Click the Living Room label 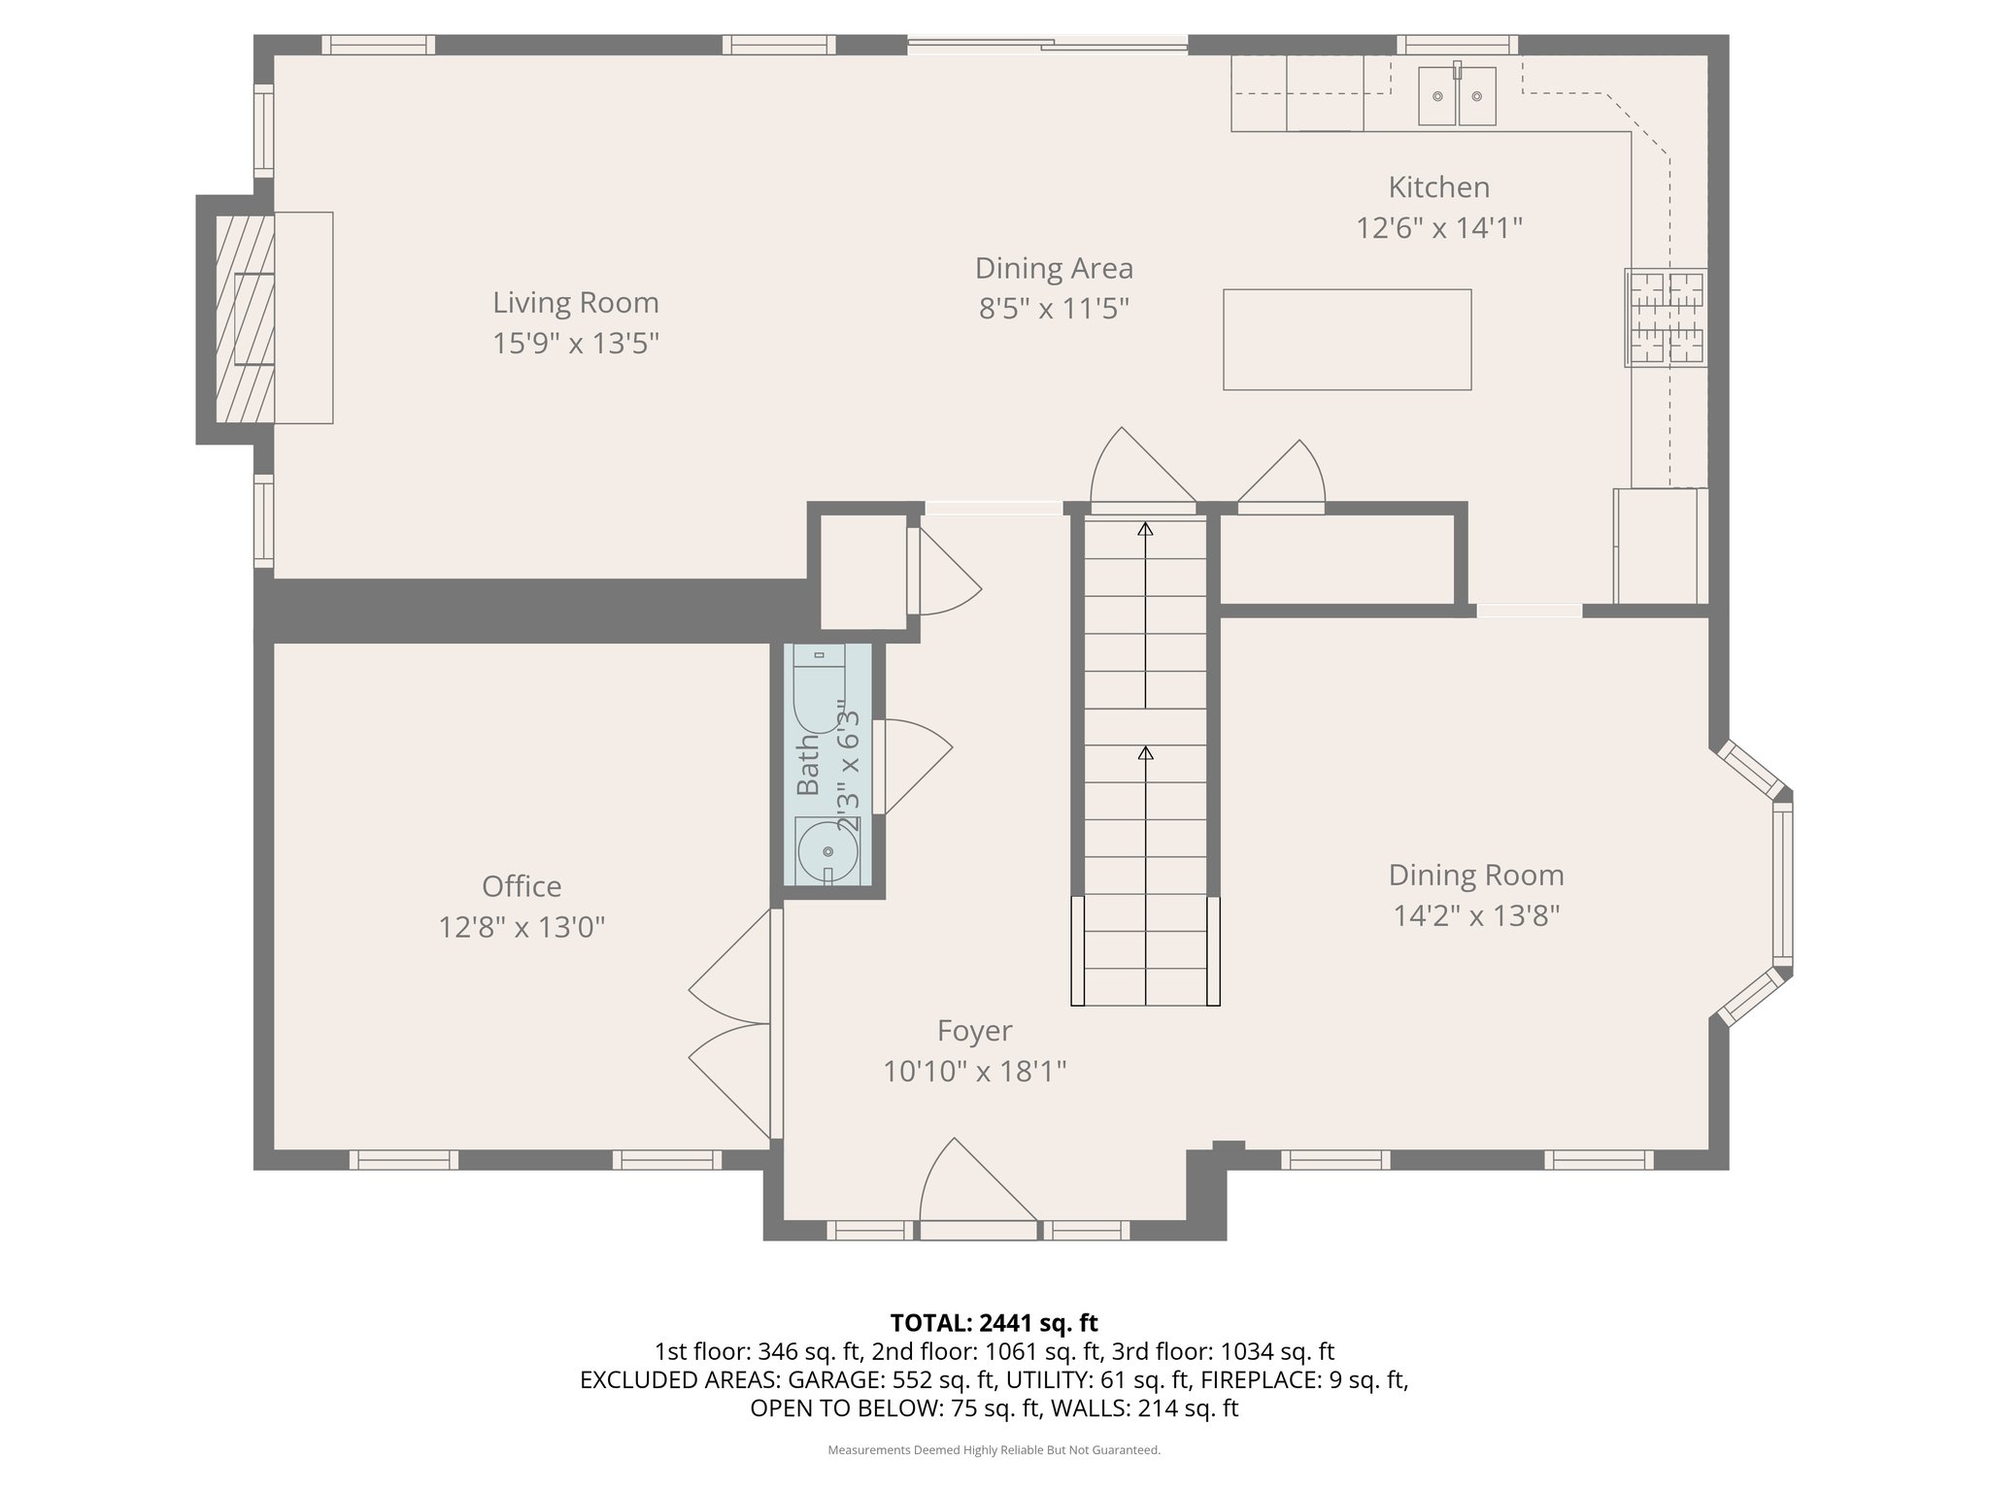pyautogui.click(x=575, y=303)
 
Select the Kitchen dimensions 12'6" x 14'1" pyautogui.click(x=1438, y=228)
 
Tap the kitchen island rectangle pyautogui.click(x=1346, y=340)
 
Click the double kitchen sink pyautogui.click(x=1456, y=96)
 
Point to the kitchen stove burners pyautogui.click(x=1666, y=317)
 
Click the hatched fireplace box pyautogui.click(x=244, y=317)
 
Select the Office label pyautogui.click(x=522, y=886)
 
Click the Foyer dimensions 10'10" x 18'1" pyautogui.click(x=974, y=1072)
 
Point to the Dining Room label pyautogui.click(x=1475, y=875)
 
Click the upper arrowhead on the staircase pyautogui.click(x=1145, y=529)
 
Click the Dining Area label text pyautogui.click(x=1054, y=268)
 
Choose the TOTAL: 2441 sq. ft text pyautogui.click(x=994, y=1322)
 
